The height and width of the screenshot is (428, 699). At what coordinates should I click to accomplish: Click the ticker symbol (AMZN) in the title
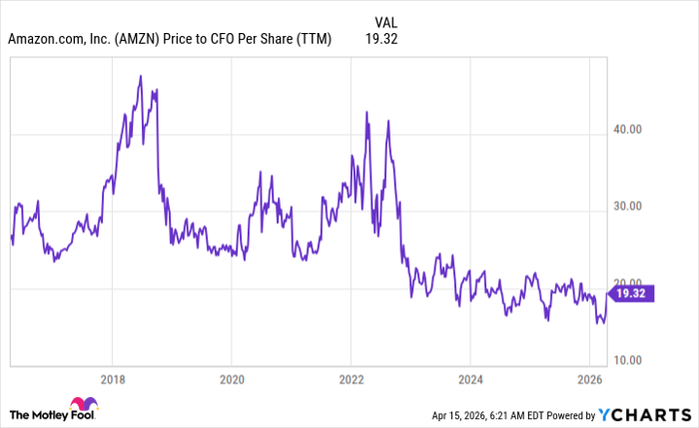[x=142, y=39]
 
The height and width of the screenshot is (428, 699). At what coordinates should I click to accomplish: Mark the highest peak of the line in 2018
[x=140, y=76]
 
